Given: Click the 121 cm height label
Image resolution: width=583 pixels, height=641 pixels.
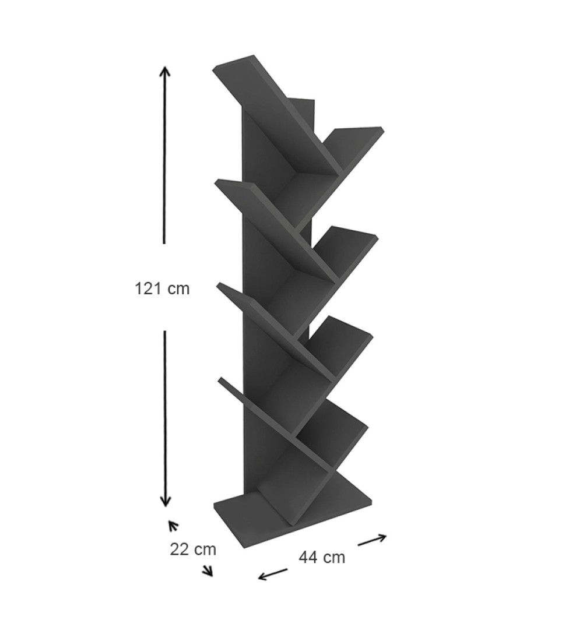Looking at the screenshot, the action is [x=162, y=288].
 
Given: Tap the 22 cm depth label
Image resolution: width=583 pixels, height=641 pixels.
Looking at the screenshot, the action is [x=193, y=549].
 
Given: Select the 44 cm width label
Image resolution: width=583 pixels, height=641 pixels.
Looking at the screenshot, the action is [x=322, y=557].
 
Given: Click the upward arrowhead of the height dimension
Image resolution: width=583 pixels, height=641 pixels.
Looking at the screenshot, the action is [x=164, y=71].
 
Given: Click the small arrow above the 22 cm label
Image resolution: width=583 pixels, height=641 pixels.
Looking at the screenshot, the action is [x=173, y=526].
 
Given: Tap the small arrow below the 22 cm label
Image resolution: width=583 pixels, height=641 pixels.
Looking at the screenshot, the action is [x=209, y=570].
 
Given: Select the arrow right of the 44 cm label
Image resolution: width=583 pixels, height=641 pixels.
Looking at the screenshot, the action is [x=373, y=540].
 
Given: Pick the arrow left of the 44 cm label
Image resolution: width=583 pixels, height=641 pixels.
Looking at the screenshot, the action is [x=273, y=575].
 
